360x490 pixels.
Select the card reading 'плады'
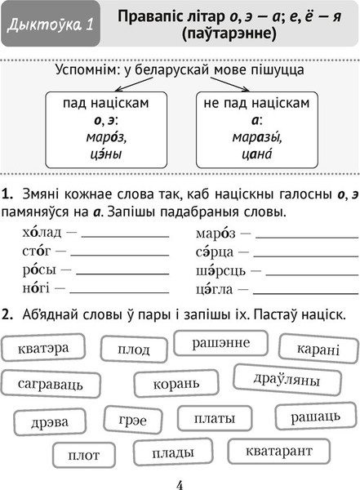point(173,452)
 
